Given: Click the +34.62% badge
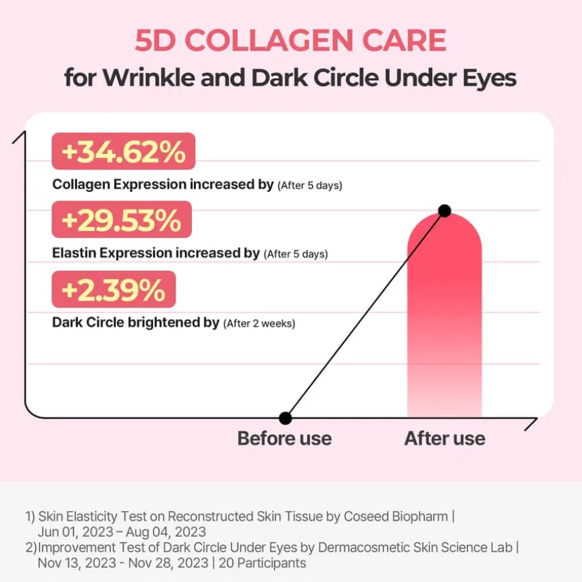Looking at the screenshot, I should (x=123, y=153).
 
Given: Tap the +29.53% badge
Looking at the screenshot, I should (x=122, y=221).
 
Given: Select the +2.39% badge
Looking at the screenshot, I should (x=113, y=290).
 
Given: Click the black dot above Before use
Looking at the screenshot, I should (x=286, y=418).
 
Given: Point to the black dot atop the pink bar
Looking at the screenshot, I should (x=444, y=211).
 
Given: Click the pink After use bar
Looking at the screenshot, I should (x=444, y=321).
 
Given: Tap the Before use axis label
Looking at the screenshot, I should (x=284, y=439).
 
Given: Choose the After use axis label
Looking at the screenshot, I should (x=444, y=439).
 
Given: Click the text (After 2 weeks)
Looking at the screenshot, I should (x=260, y=324).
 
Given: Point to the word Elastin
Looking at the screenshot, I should (x=74, y=254).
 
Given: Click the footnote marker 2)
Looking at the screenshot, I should (x=31, y=548).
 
